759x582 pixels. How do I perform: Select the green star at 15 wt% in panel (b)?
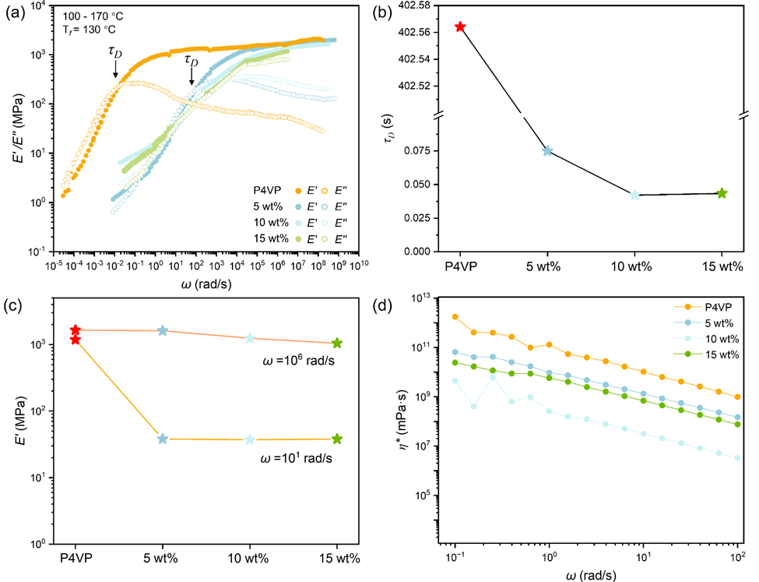(x=722, y=193)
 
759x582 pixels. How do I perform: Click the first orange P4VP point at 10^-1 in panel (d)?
(x=455, y=316)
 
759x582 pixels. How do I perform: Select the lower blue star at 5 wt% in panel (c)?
(x=163, y=439)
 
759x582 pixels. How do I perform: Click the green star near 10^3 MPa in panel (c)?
(x=337, y=343)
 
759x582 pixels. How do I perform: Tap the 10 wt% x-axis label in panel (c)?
(x=250, y=558)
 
